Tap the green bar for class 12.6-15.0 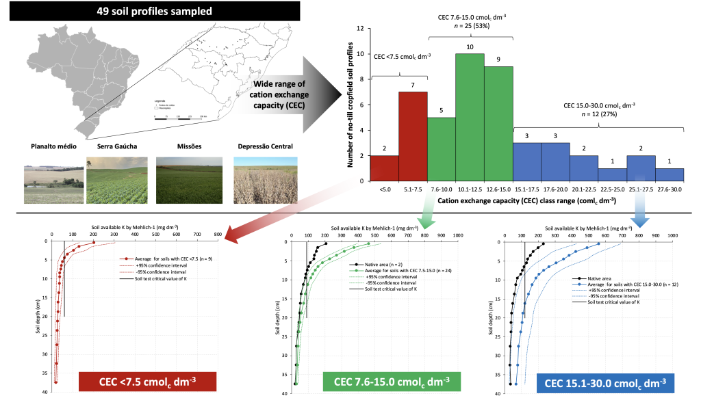click(x=498, y=123)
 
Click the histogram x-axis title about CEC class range click(x=527, y=202)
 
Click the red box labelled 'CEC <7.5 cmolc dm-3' click(x=148, y=382)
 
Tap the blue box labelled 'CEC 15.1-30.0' click(x=606, y=382)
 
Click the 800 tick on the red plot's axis click(x=218, y=235)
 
